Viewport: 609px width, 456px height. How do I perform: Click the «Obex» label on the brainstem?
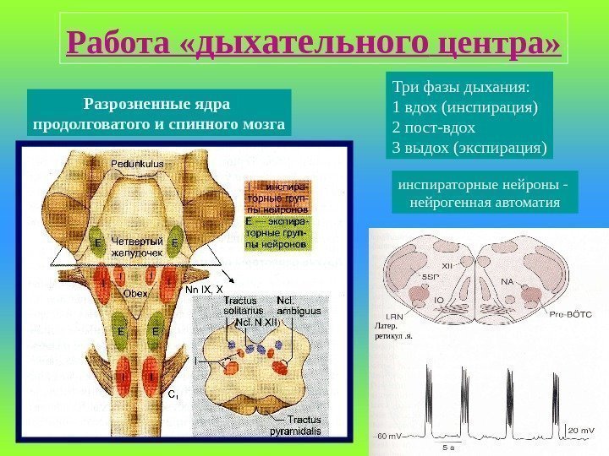136,293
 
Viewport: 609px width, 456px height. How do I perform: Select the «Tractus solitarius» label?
244,306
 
